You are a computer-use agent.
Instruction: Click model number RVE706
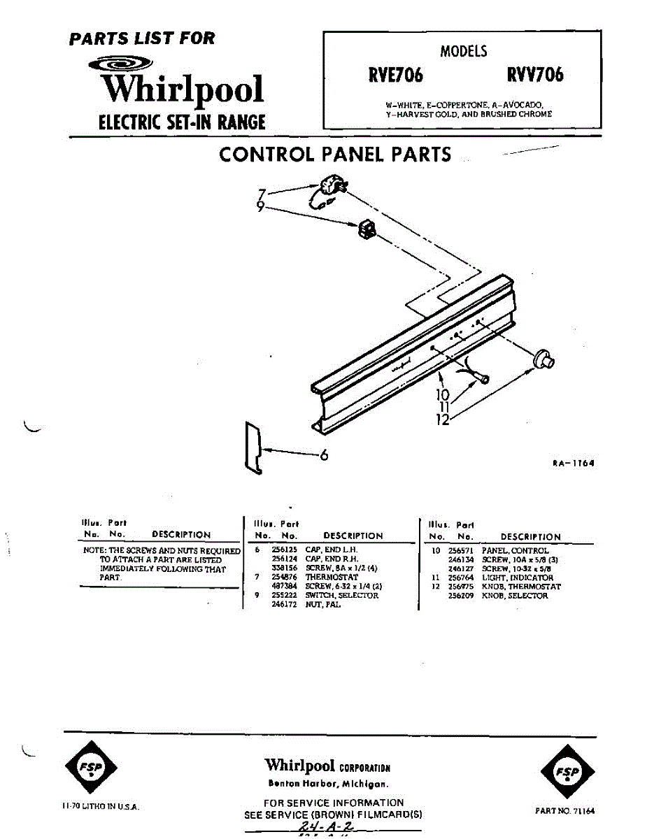pyautogui.click(x=396, y=75)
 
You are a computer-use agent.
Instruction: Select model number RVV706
pyautogui.click(x=534, y=75)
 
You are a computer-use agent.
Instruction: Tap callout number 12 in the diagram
pyautogui.click(x=442, y=419)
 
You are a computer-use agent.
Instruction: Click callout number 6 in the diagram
pyautogui.click(x=324, y=455)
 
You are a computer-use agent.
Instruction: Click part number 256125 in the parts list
pyautogui.click(x=283, y=550)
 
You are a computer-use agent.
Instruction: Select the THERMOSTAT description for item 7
pyautogui.click(x=331, y=578)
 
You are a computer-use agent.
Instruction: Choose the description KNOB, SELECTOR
pyautogui.click(x=515, y=596)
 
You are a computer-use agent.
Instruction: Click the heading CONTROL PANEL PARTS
pyautogui.click(x=335, y=155)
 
